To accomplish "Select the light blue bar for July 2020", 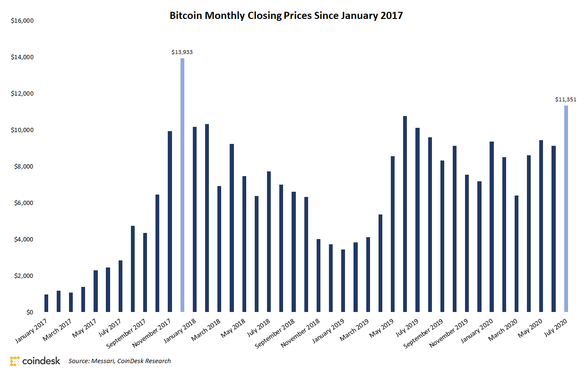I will tap(566, 209).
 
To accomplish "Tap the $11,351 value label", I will tap(566, 99).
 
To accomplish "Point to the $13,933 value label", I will tap(182, 52).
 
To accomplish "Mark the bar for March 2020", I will tap(517, 254).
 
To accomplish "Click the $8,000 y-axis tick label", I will tap(23, 167).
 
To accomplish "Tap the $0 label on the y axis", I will tap(28, 312).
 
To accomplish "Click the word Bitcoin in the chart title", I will tap(185, 16).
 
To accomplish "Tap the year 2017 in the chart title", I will tap(392, 16).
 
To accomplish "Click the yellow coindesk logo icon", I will tap(15, 361).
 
